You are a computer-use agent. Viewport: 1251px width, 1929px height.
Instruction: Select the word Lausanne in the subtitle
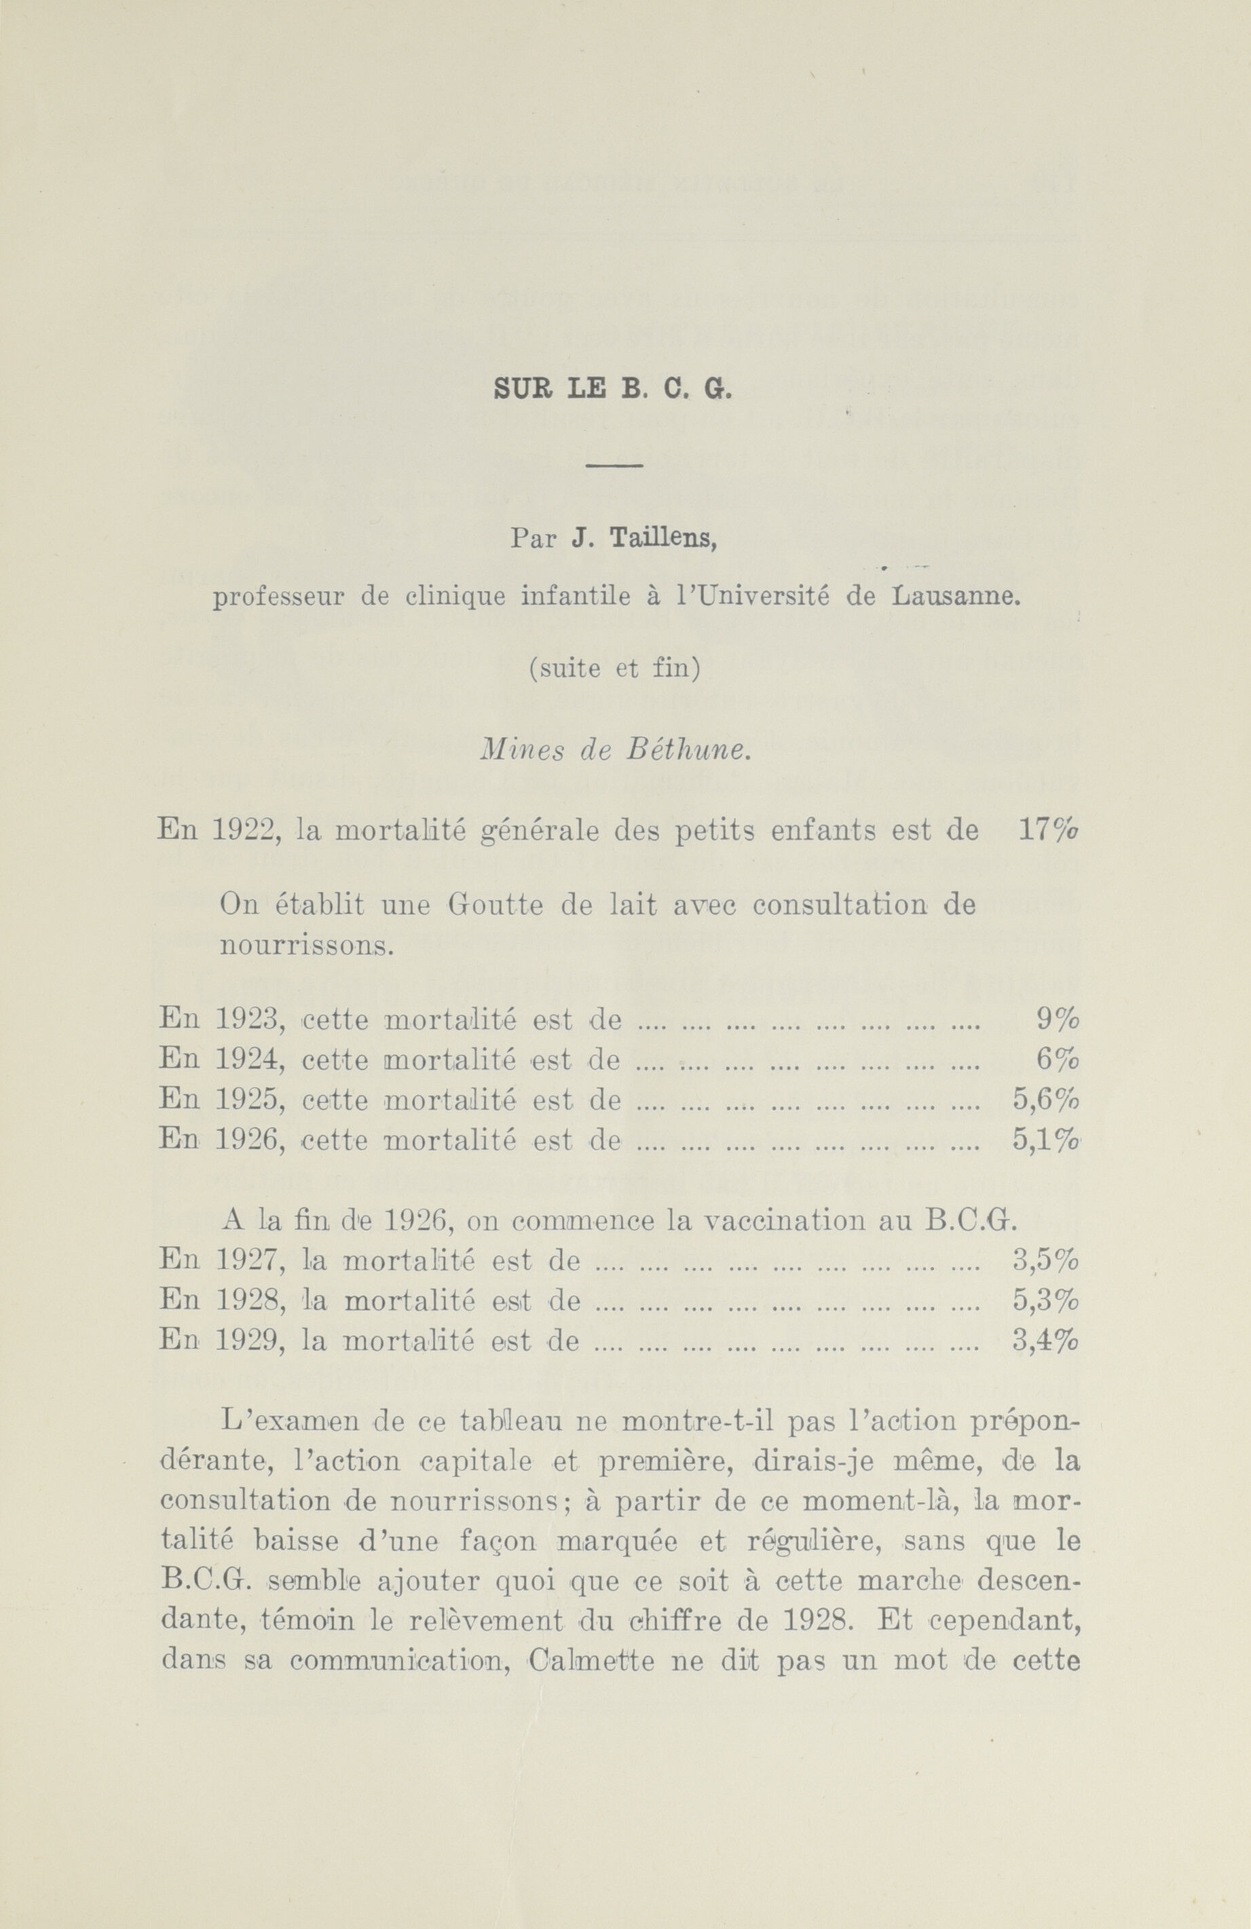[954, 597]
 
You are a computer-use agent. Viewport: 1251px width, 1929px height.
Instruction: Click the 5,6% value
[1046, 1099]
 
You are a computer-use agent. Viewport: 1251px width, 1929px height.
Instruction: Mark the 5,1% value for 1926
[1046, 1139]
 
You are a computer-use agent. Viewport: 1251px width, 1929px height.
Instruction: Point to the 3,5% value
[1046, 1260]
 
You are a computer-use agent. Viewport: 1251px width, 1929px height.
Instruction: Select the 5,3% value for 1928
[1046, 1300]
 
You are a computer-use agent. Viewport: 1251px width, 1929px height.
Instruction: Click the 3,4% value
[1046, 1340]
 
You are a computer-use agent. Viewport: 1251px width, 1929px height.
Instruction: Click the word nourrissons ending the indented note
[306, 945]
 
